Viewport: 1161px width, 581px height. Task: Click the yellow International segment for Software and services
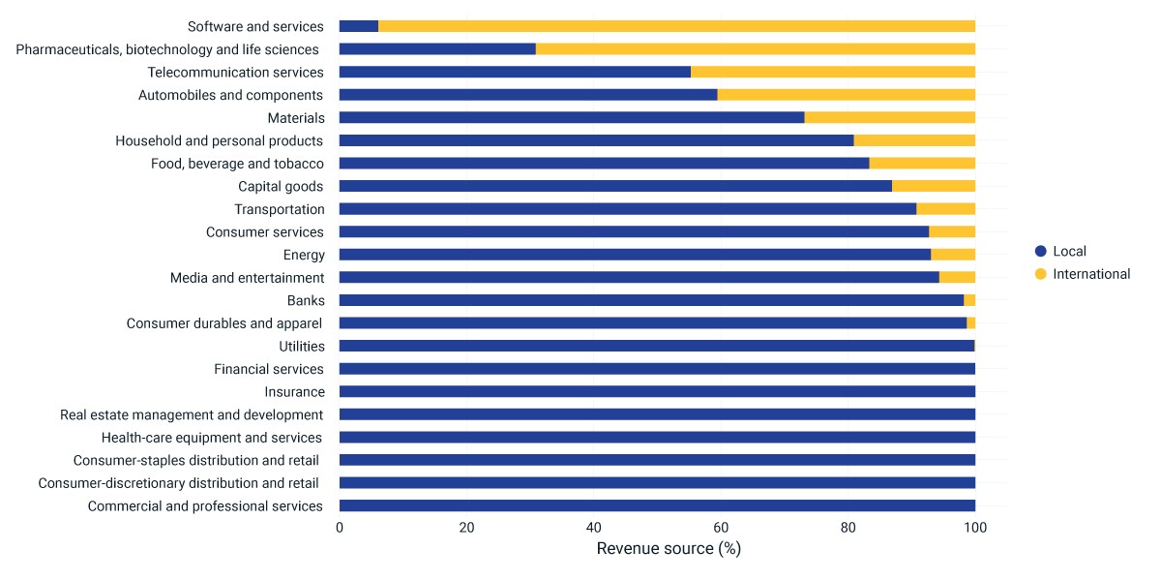pos(676,26)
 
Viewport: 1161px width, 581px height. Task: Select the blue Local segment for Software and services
pos(359,26)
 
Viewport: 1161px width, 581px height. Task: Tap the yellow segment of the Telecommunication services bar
pos(833,72)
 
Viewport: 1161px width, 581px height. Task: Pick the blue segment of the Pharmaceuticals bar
pos(437,48)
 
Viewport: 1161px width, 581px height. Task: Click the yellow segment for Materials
pos(889,117)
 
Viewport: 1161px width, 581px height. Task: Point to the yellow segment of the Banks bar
pos(969,300)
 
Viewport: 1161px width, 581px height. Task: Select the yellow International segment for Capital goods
pos(934,186)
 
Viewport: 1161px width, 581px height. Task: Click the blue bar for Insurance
pos(657,391)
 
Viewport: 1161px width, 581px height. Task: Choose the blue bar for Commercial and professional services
pos(657,505)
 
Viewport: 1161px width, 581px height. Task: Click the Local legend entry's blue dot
pos(1040,251)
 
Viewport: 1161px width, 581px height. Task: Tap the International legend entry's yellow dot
pos(1040,274)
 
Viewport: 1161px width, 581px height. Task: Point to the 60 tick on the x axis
pos(721,528)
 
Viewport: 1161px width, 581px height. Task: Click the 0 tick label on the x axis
pos(340,528)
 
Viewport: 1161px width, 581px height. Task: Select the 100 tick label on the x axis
pos(975,528)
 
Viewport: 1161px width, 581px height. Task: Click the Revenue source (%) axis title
pos(669,548)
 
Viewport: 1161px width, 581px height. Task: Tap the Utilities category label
pos(302,346)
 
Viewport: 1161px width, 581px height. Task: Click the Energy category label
pos(304,256)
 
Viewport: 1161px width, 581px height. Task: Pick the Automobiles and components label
pos(230,96)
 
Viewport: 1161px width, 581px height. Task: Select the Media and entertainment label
pos(248,278)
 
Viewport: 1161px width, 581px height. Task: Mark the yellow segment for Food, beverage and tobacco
pos(922,163)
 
